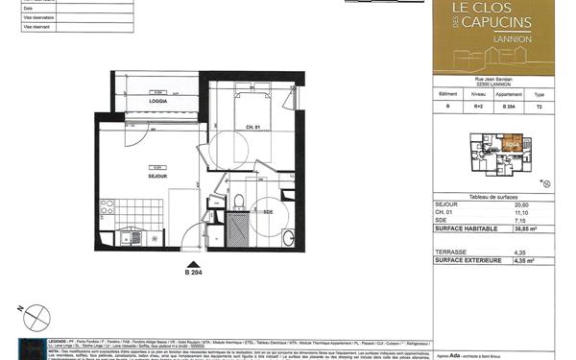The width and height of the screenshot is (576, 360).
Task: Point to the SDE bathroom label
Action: point(269,211)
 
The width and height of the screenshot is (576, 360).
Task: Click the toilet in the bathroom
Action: point(237,202)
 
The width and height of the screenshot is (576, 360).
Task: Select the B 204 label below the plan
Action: point(194,272)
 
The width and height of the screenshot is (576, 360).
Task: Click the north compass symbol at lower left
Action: point(34,313)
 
